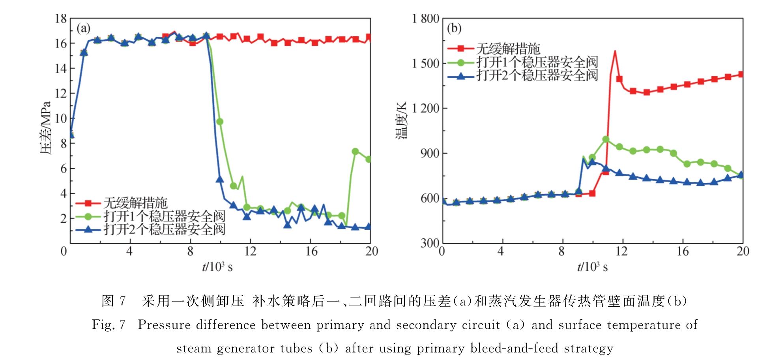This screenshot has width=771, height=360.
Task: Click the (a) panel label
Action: [x=83, y=28]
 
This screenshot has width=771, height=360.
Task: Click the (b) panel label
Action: [x=454, y=28]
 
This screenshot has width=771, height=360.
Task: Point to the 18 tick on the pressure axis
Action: [x=61, y=19]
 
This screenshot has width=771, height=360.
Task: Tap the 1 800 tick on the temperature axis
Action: [x=425, y=19]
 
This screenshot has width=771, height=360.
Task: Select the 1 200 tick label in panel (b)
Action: [x=425, y=108]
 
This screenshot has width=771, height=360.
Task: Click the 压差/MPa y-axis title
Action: [x=46, y=128]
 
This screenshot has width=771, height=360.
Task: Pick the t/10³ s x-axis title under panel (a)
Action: [x=217, y=267]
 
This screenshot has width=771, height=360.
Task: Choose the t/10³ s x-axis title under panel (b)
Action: [x=592, y=267]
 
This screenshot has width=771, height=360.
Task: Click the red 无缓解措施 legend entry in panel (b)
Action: [x=508, y=49]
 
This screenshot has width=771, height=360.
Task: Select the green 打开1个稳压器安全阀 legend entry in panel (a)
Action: [x=164, y=216]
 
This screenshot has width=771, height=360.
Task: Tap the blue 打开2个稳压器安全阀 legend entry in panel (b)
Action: [x=537, y=75]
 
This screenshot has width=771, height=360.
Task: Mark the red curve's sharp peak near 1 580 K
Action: [x=615, y=51]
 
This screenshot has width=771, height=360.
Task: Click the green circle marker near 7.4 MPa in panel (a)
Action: [x=355, y=152]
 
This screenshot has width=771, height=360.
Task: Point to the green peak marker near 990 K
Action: [x=606, y=139]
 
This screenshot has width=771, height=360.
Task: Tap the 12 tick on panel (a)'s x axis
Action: [x=250, y=251]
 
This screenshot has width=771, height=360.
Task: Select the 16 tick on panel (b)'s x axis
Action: [x=683, y=251]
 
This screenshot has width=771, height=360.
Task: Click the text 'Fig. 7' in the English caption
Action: [x=109, y=325]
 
